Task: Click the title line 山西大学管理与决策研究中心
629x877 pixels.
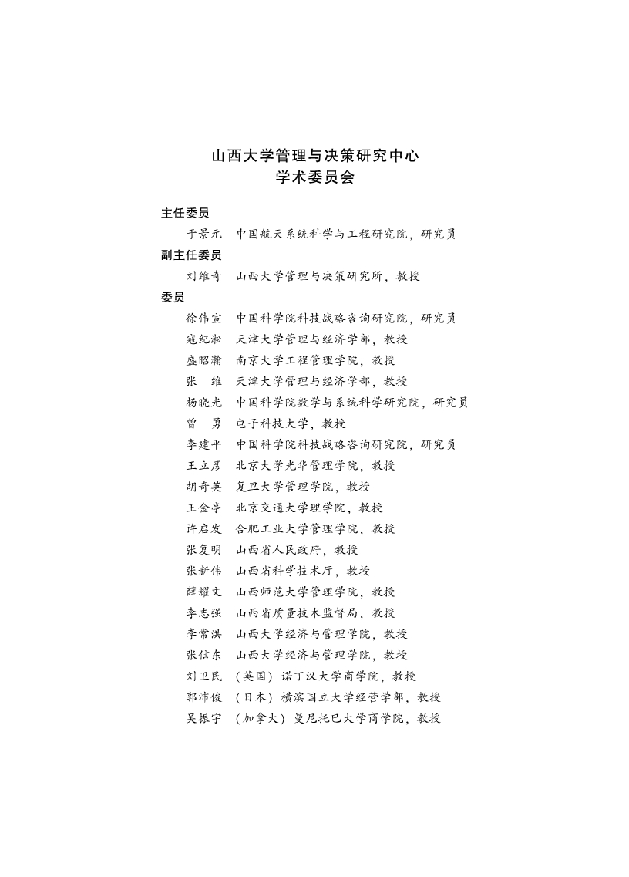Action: pyautogui.click(x=315, y=155)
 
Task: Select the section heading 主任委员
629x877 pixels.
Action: pyautogui.click(x=185, y=213)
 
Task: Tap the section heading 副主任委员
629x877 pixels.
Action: pyautogui.click(x=191, y=255)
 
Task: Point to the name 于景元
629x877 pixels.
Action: pyautogui.click(x=203, y=234)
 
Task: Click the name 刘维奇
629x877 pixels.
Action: pyautogui.click(x=203, y=276)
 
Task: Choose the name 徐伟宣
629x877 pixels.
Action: pyautogui.click(x=203, y=318)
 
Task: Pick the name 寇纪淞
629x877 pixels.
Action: pyautogui.click(x=203, y=339)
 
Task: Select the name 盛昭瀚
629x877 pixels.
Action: pyautogui.click(x=203, y=360)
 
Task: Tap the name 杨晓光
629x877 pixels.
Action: pyautogui.click(x=203, y=402)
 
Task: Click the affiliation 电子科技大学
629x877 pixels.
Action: pyautogui.click(x=272, y=423)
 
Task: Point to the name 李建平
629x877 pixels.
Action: pyautogui.click(x=203, y=444)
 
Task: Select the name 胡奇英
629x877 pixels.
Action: pyautogui.click(x=203, y=487)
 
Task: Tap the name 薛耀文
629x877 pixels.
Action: pyautogui.click(x=203, y=592)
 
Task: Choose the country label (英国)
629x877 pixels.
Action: pyautogui.click(x=255, y=676)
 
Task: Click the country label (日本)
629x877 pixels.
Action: pyautogui.click(x=255, y=697)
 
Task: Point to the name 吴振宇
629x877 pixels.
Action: pyautogui.click(x=203, y=718)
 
